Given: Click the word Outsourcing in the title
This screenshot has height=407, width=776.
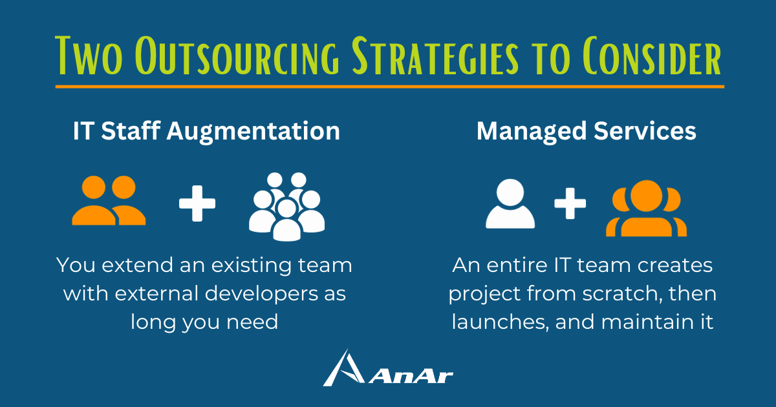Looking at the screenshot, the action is [x=237, y=56].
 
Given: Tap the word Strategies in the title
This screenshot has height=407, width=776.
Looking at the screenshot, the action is [x=435, y=56].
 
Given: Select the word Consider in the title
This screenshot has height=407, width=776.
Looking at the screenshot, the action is [x=652, y=56].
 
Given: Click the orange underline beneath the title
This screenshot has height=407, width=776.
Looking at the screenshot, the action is [x=390, y=87].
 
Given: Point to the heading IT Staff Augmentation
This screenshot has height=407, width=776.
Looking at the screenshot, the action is [x=206, y=131].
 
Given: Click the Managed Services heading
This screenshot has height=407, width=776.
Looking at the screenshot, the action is [x=586, y=131].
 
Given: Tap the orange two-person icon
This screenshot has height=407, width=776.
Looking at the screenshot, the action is [x=109, y=200].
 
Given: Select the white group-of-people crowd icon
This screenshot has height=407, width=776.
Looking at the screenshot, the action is [x=287, y=207].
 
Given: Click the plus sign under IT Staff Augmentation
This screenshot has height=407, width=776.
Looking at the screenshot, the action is [x=197, y=203].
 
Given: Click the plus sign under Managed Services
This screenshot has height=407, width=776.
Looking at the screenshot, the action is [x=570, y=203].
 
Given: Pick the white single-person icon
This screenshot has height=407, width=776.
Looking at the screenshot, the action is [x=510, y=203].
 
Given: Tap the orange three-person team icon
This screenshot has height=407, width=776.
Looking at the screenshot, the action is [x=647, y=208].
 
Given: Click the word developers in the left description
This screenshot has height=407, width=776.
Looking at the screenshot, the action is [x=261, y=294].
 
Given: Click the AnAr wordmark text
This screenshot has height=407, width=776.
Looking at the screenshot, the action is [x=411, y=377].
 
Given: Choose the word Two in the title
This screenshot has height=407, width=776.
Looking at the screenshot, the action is [x=89, y=56].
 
